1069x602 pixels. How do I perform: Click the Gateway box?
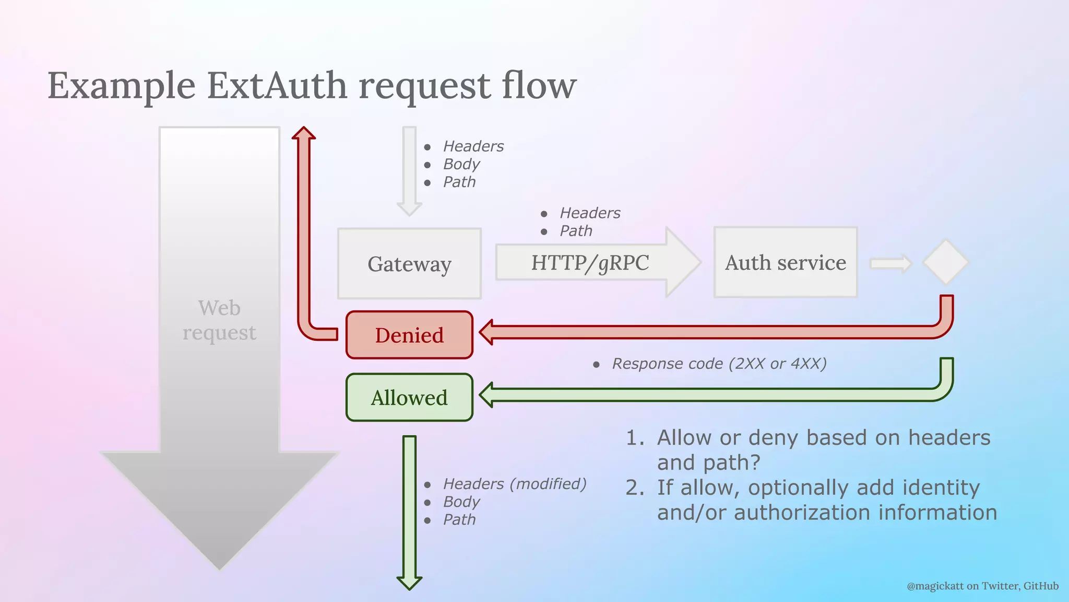[x=409, y=263]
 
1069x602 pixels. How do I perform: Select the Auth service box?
[x=785, y=262]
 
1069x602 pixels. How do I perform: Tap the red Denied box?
[x=409, y=335]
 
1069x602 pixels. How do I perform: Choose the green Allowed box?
[x=409, y=398]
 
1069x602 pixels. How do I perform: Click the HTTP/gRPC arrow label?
[x=590, y=263]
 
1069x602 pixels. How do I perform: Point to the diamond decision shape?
[x=945, y=262]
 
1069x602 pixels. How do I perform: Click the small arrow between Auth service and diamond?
[x=890, y=263]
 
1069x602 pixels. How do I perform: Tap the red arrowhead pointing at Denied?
[x=487, y=332]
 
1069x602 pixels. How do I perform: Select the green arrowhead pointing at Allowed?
[x=487, y=395]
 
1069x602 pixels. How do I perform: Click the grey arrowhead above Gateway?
[x=409, y=209]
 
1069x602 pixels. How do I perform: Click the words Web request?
[x=219, y=320]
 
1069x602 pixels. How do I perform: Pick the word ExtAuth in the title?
[x=277, y=85]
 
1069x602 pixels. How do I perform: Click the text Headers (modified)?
[x=515, y=484]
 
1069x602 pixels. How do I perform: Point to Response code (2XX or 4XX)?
[x=719, y=364]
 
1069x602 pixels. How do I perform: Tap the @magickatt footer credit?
[x=982, y=586]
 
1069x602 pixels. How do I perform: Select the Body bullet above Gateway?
[x=461, y=164]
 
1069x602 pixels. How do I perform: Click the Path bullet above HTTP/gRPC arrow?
[x=576, y=231]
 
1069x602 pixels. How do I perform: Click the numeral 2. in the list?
[x=635, y=488]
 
